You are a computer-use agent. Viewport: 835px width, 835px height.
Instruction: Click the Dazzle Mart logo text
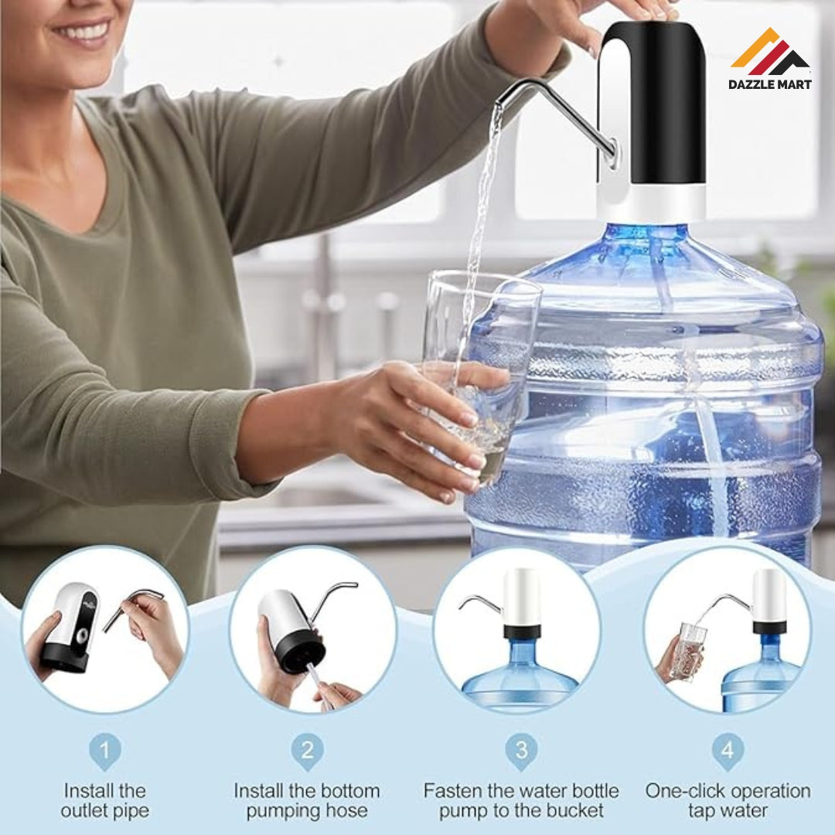click(770, 83)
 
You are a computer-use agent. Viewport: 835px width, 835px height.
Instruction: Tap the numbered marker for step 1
click(105, 751)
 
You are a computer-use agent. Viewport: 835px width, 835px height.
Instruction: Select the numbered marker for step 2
click(307, 751)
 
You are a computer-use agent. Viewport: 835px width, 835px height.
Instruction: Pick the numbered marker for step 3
click(521, 751)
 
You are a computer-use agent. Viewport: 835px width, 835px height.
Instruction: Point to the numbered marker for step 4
click(728, 751)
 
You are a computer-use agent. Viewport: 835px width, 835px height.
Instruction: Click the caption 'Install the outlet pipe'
click(105, 801)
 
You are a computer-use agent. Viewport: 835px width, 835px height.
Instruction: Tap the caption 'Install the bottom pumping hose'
click(307, 801)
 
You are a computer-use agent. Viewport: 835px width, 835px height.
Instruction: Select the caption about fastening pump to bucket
click(521, 801)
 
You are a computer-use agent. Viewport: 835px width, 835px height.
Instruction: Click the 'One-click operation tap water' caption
click(728, 801)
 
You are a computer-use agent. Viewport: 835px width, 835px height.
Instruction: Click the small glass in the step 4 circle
click(687, 649)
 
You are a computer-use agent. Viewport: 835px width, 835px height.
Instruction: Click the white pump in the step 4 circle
click(769, 599)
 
